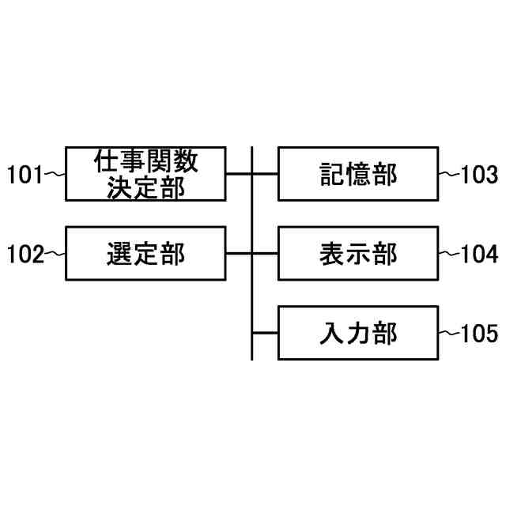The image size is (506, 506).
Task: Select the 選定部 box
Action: [145, 254]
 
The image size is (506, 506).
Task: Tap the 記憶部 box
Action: [357, 174]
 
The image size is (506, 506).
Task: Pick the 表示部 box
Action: [357, 254]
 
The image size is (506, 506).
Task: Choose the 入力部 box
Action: [357, 333]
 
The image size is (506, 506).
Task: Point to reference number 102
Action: [24, 255]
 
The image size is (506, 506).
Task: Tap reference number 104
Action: [480, 255]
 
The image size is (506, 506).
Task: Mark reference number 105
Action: [480, 334]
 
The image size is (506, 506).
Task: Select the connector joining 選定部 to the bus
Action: [239, 254]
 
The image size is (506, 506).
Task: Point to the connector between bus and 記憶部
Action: [266, 174]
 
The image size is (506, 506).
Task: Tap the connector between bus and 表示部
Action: [266, 254]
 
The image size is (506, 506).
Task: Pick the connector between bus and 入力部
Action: [266, 333]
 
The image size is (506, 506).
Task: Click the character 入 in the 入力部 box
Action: [331, 333]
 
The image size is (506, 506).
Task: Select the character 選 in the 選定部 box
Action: [119, 254]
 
